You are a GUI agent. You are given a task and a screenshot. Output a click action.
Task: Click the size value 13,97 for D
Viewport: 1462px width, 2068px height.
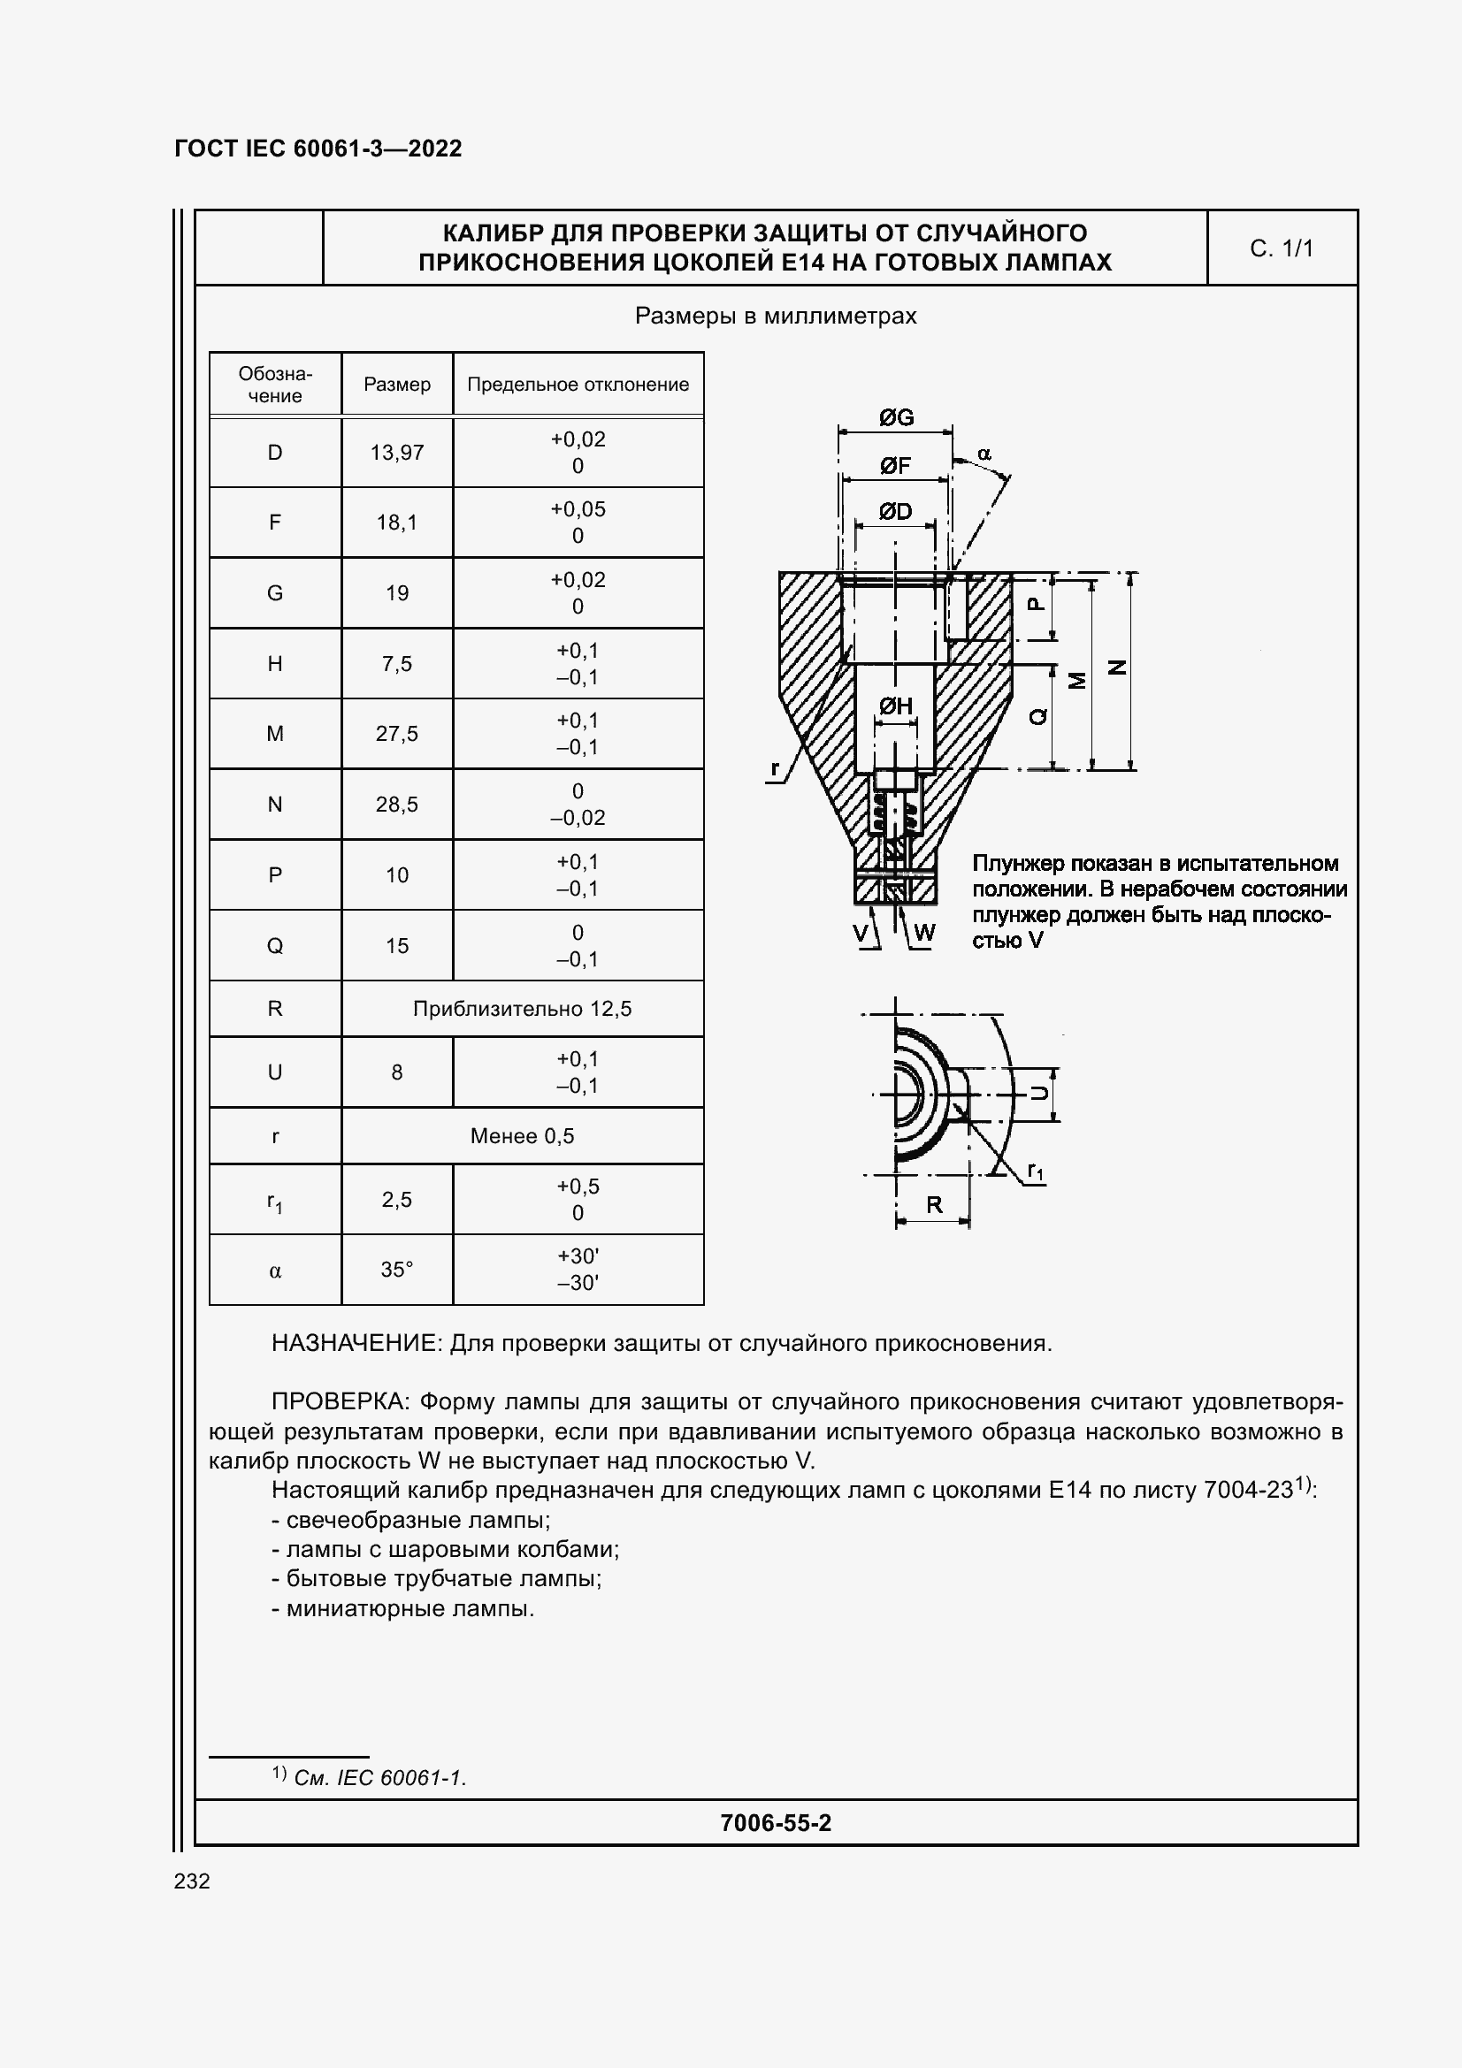396,452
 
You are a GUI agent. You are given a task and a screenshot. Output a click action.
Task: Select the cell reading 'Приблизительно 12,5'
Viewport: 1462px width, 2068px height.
522,1008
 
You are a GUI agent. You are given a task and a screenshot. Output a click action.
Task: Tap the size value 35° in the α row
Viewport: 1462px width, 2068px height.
396,1269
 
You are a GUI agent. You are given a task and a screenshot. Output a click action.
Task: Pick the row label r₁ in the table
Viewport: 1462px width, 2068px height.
275,1201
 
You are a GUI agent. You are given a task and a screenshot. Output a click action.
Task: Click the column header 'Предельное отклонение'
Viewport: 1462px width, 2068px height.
578,384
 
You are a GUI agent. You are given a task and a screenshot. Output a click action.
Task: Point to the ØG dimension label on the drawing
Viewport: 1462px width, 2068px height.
895,417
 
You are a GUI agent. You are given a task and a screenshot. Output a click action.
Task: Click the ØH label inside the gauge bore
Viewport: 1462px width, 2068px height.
895,706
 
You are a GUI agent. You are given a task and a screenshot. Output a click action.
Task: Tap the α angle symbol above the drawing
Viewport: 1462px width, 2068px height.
984,453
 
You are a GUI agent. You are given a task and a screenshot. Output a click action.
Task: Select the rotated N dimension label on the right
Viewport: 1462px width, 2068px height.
1117,668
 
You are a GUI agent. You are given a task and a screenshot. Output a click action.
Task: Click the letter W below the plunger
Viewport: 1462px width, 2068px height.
924,932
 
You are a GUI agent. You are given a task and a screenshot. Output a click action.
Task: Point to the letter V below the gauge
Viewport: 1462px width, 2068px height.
861,932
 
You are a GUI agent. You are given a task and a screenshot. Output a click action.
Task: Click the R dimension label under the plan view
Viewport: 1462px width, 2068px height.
934,1204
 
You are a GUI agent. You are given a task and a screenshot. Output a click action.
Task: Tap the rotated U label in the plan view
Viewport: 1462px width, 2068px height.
1038,1093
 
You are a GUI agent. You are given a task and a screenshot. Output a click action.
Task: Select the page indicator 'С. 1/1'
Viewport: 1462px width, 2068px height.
1281,248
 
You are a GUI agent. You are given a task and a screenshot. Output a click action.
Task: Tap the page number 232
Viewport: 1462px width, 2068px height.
192,1881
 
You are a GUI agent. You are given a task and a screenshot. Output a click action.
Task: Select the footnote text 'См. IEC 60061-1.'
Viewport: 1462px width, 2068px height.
379,1777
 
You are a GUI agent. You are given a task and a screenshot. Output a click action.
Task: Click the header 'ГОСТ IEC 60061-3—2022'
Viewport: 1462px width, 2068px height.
318,149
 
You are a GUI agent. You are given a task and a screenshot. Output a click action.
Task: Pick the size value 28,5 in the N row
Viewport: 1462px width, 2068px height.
396,804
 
